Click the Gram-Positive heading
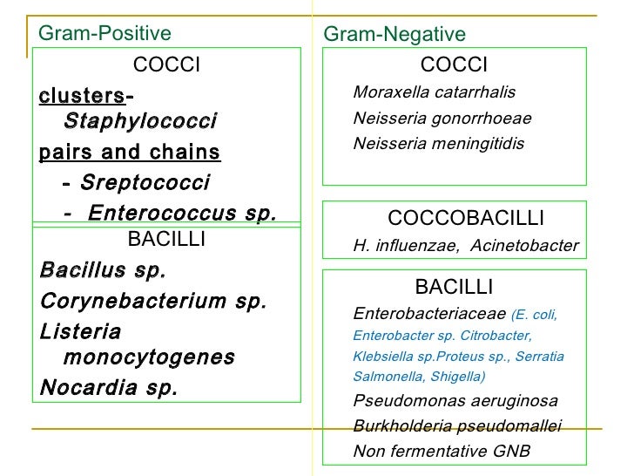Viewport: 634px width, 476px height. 105,33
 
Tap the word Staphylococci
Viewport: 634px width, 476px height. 140,121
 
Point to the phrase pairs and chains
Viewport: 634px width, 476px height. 130,153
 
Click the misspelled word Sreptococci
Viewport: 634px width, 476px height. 145,183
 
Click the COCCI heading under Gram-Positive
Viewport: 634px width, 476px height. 166,65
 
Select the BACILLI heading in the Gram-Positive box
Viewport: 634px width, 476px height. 166,240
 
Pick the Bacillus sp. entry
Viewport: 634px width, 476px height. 102,270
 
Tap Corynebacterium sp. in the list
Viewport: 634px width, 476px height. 153,302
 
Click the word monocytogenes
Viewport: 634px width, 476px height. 149,357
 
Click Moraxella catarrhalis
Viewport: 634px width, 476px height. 434,92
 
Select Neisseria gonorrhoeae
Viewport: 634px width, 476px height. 442,119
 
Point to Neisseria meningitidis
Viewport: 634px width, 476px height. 439,144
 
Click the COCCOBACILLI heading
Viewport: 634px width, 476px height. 465,218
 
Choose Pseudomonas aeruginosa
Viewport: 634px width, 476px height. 455,401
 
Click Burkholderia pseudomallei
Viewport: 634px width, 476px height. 457,426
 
